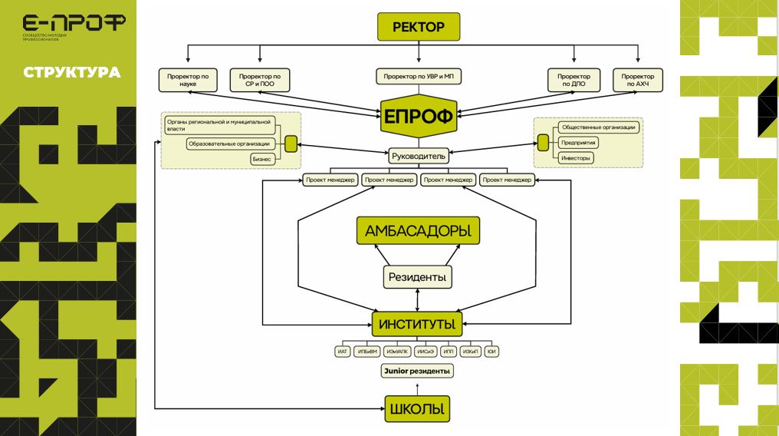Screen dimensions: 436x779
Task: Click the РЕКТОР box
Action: coord(418,28)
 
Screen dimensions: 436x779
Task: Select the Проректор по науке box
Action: coord(188,81)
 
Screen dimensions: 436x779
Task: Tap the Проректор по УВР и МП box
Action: coord(418,77)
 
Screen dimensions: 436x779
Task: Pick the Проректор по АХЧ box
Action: coord(637,81)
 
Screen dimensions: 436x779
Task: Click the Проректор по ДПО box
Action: coord(574,81)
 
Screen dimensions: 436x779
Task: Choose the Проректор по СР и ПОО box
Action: coord(260,81)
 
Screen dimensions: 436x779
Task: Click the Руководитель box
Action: coord(418,156)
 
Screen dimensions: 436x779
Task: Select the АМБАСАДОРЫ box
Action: coord(418,230)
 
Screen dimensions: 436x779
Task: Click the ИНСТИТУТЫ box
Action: coord(418,323)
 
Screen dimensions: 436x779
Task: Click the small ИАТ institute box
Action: coord(343,352)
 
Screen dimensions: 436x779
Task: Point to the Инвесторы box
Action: coord(577,157)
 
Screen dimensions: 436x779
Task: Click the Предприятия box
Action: coord(579,143)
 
